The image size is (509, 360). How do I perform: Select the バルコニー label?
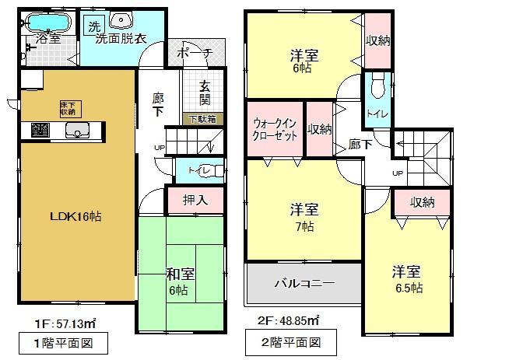[x=303, y=284]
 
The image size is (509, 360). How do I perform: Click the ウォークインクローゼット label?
[x=275, y=129]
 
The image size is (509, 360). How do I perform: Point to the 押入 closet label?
[x=194, y=200]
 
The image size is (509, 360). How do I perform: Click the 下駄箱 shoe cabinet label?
[x=204, y=120]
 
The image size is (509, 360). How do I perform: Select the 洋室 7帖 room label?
[x=303, y=217]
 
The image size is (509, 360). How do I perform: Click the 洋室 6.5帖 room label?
[x=406, y=278]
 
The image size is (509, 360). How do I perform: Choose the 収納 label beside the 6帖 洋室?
[x=376, y=40]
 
